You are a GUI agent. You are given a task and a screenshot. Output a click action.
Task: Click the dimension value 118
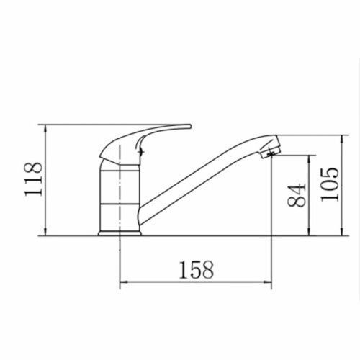point(34,179)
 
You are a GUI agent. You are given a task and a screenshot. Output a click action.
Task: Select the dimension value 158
point(197,269)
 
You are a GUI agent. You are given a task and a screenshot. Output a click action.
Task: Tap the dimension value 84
point(297,195)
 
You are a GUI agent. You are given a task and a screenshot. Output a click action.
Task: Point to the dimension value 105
point(330,184)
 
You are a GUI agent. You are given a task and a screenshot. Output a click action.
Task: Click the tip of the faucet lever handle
point(190,126)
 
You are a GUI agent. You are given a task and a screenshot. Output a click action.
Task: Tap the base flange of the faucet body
point(120,233)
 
